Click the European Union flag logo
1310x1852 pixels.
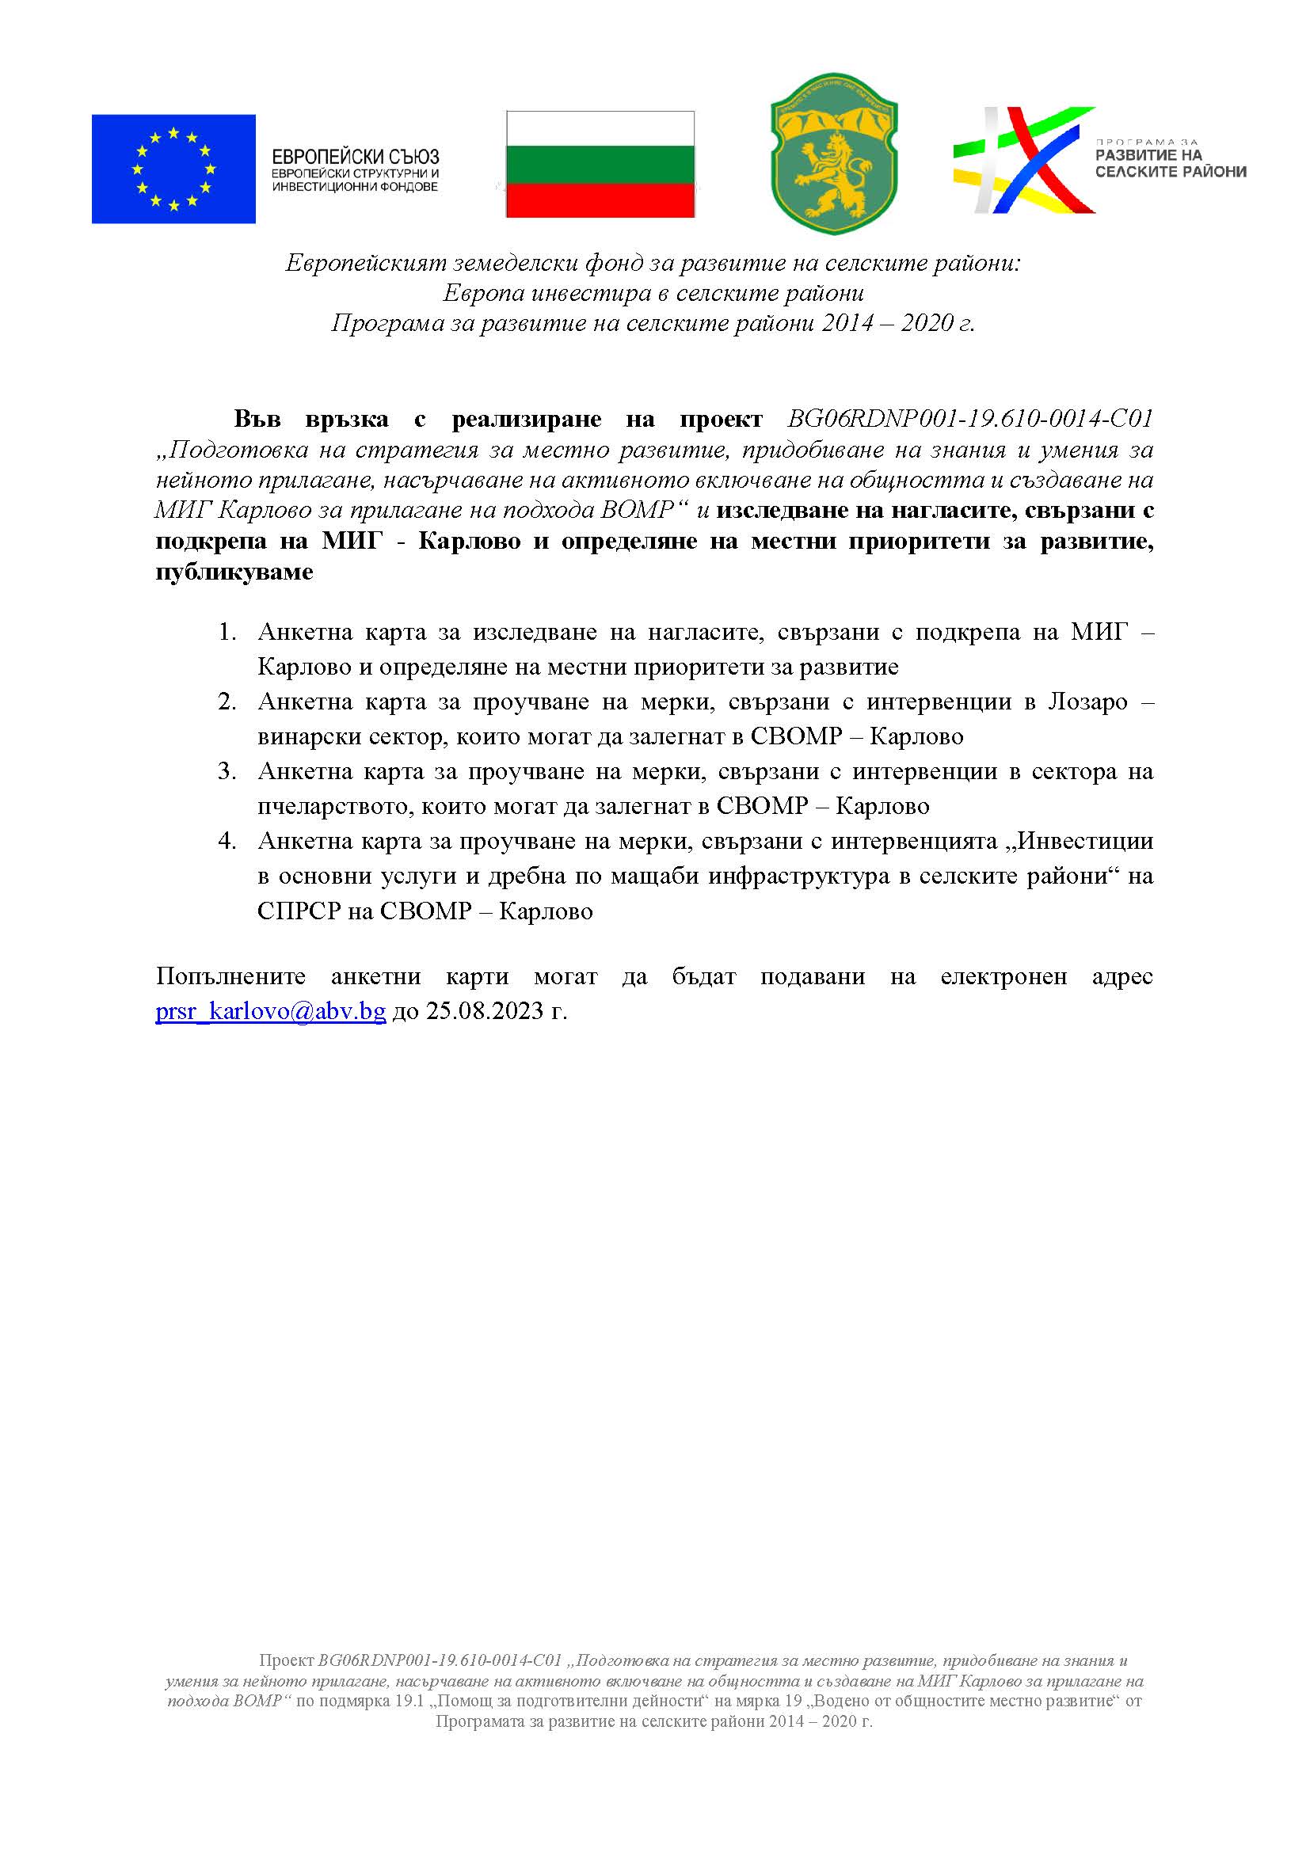pos(173,169)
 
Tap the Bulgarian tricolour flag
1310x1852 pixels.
pos(600,165)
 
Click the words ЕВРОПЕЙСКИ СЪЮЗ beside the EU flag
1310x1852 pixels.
pos(355,157)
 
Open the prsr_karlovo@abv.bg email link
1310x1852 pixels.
pos(270,1010)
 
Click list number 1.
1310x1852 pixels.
pos(227,632)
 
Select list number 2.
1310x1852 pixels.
pos(227,701)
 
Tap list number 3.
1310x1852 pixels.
pos(227,771)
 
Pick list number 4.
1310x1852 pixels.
pos(227,841)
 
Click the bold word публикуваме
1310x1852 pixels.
pos(234,572)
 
